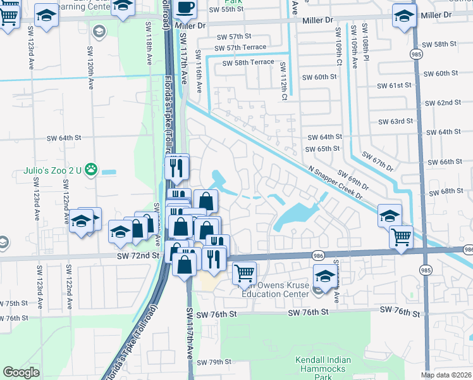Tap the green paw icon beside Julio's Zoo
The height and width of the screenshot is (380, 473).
[92, 168]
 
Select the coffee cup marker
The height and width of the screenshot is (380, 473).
[185, 7]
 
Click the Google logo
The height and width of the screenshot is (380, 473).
[21, 372]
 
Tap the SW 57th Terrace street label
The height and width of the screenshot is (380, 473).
[240, 47]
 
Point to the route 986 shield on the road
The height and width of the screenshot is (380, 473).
[319, 255]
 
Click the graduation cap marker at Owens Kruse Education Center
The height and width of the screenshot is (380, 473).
[326, 277]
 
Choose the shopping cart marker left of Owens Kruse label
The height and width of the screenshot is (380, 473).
[244, 274]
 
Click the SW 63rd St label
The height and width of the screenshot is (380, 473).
[395, 121]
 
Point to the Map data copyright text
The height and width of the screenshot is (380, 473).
[446, 375]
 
